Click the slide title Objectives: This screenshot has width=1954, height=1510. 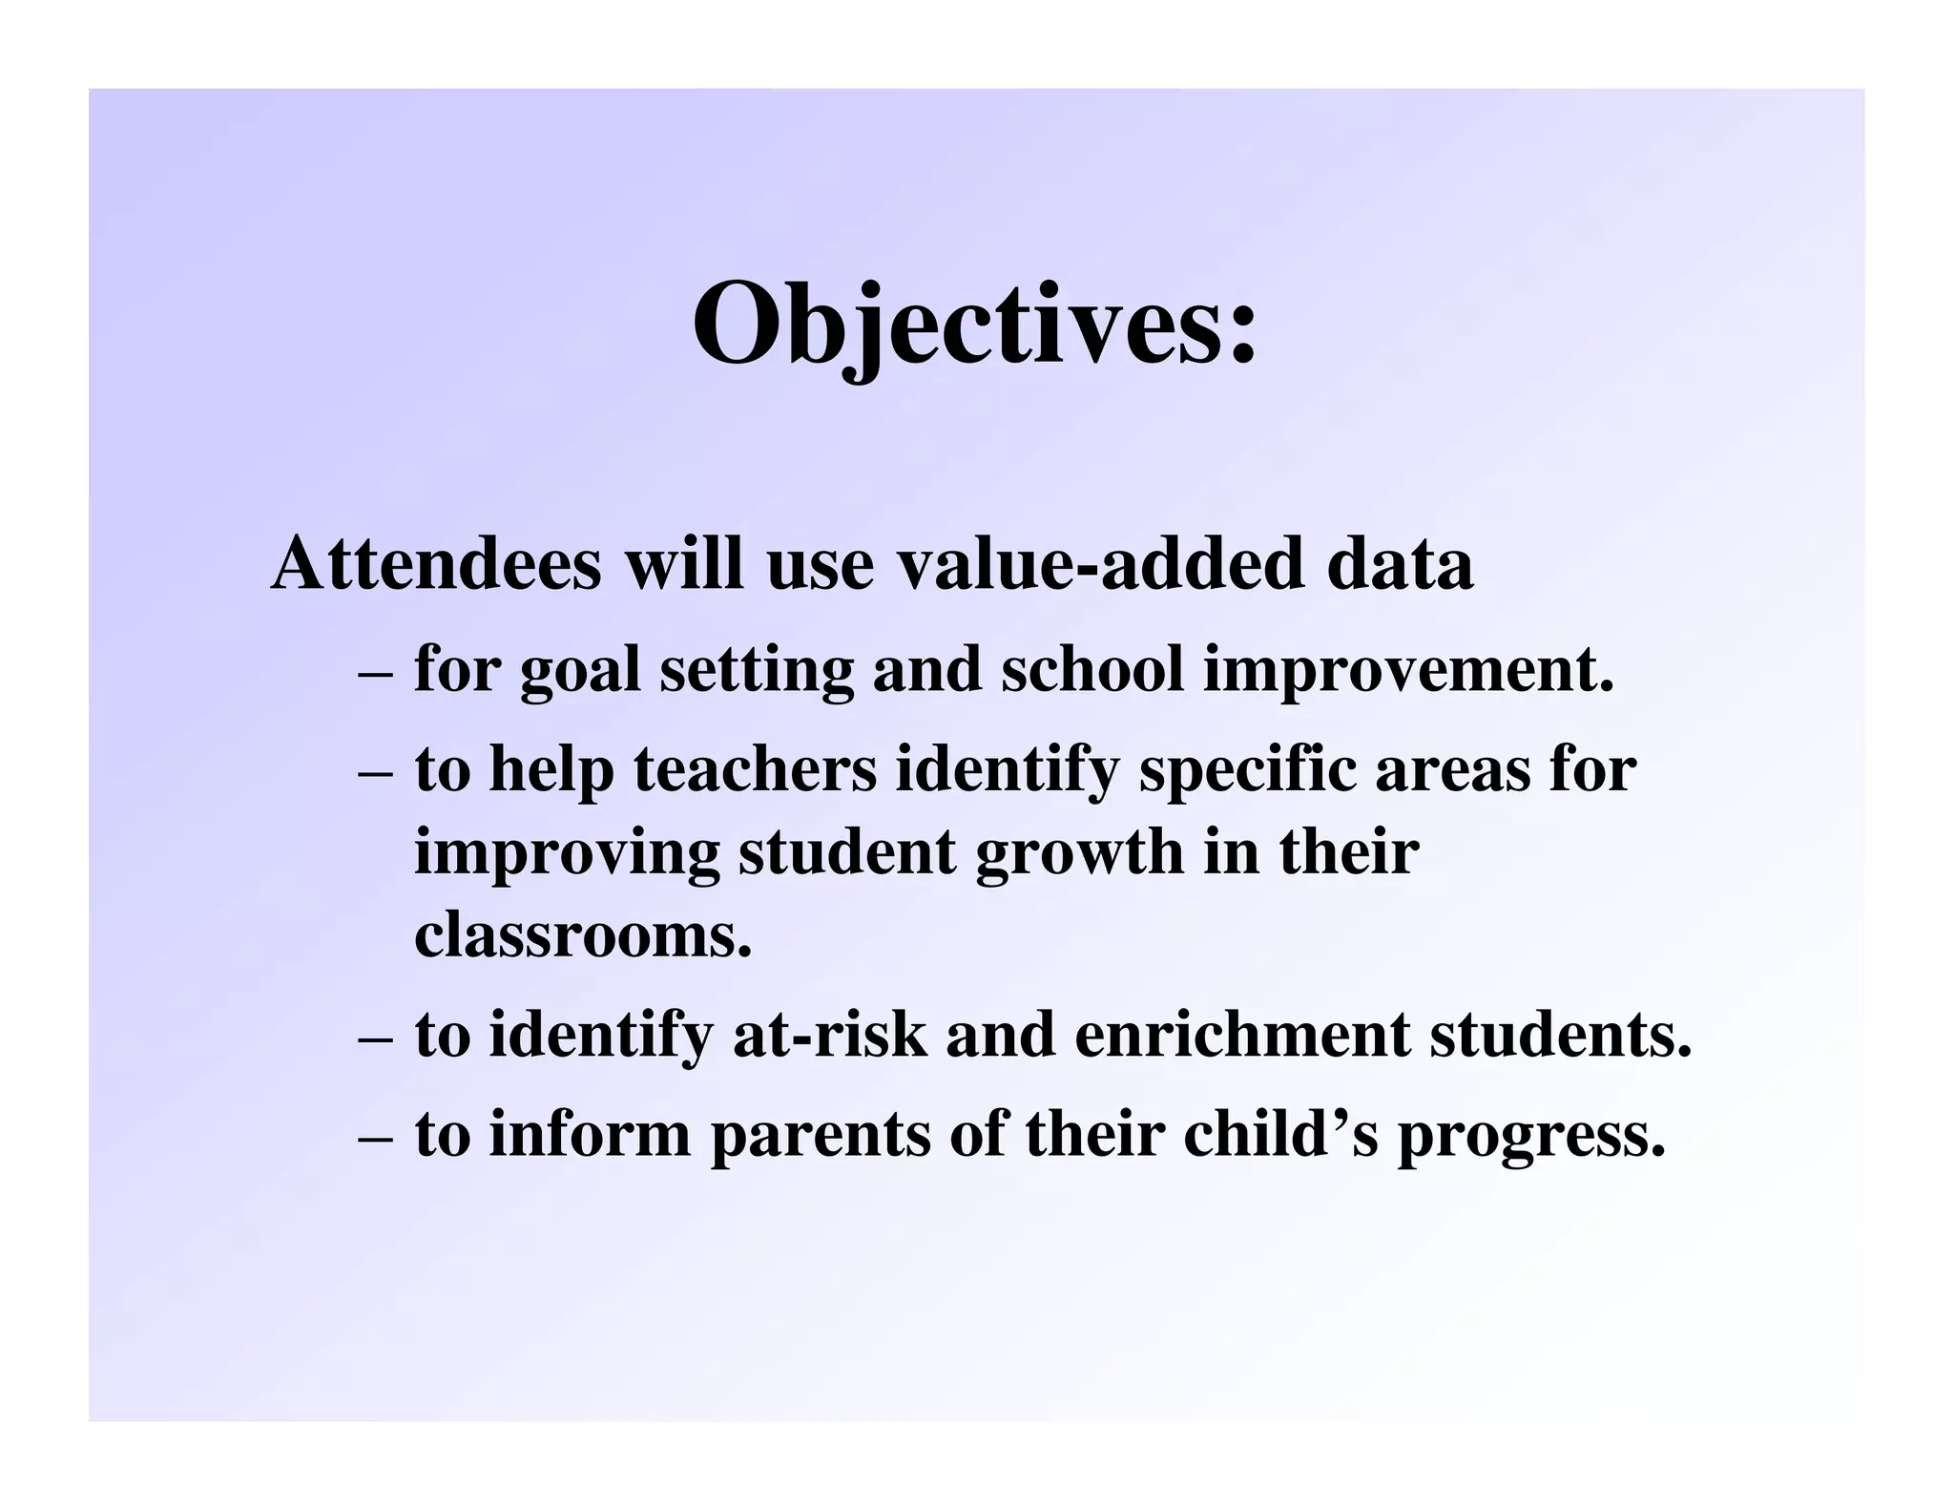coord(974,325)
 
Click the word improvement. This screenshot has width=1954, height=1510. coord(1408,670)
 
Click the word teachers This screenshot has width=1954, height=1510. coord(755,769)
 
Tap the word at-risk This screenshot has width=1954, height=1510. coord(829,1036)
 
